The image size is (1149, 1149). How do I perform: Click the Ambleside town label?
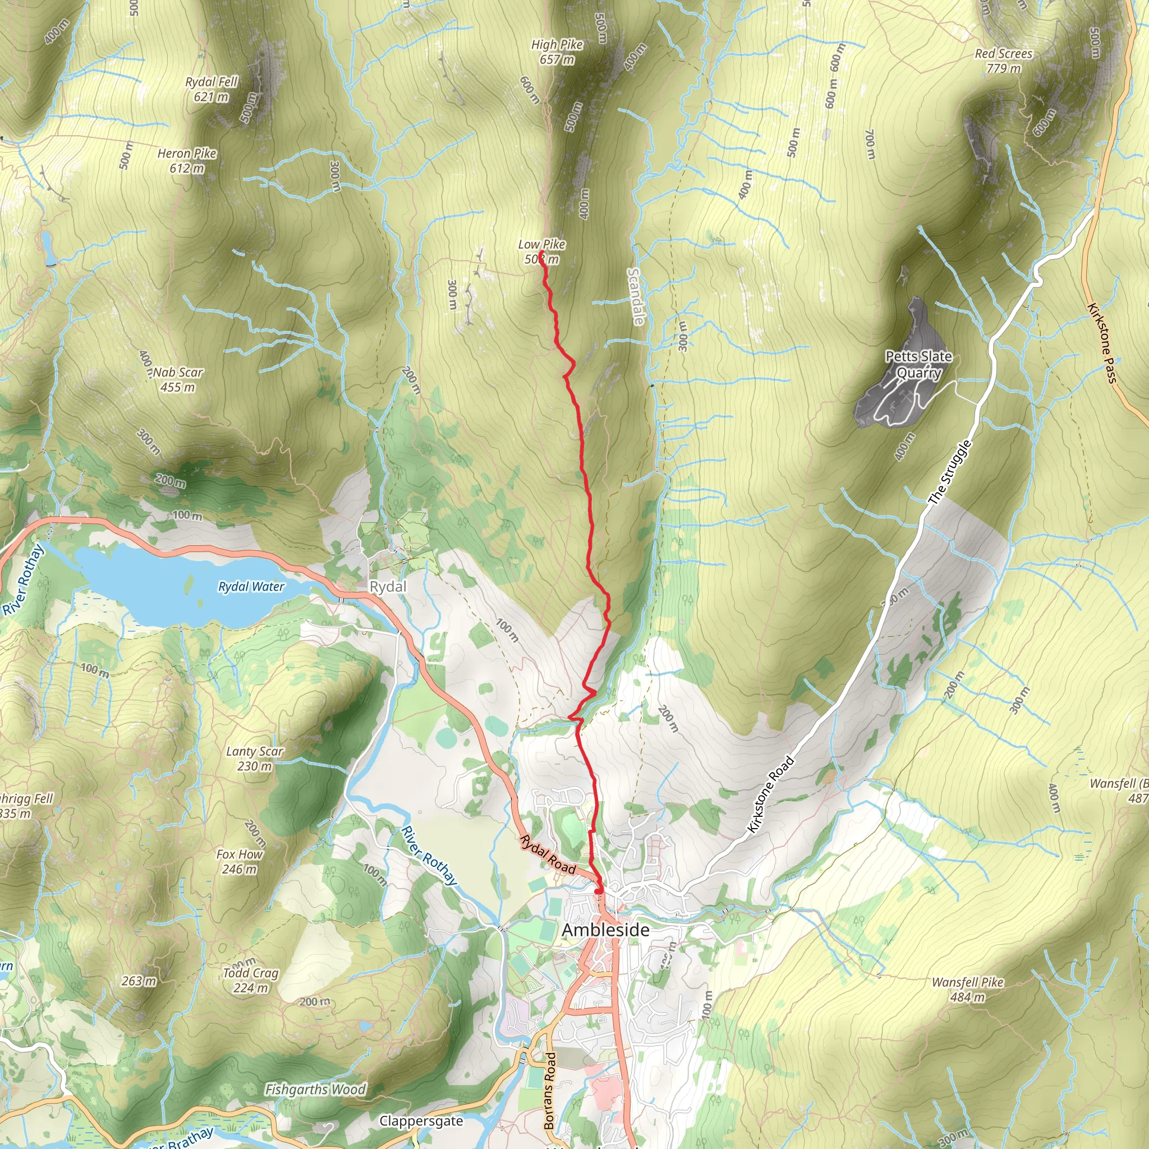click(x=605, y=930)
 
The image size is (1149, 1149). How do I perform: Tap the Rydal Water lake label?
click(x=251, y=587)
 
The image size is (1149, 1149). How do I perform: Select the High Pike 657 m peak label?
click(x=557, y=52)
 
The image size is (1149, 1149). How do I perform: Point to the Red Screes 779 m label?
click(x=1003, y=61)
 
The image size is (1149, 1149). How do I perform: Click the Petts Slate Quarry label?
click(x=919, y=365)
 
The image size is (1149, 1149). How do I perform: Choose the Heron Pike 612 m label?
click(x=187, y=160)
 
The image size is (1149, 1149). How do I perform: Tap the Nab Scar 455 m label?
click(x=178, y=379)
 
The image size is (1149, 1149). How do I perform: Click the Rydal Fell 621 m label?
click(x=211, y=89)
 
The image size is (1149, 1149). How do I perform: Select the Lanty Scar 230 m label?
click(x=255, y=759)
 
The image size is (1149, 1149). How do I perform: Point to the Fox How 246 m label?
click(x=240, y=862)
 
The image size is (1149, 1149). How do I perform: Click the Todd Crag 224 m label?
click(x=250, y=980)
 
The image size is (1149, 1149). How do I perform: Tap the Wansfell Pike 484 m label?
click(x=968, y=990)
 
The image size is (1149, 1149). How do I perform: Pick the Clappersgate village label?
click(x=421, y=1121)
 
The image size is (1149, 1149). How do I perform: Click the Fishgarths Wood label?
click(x=315, y=1090)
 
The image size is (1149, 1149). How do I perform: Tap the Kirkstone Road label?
click(x=771, y=793)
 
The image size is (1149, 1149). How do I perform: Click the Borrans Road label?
click(x=549, y=1091)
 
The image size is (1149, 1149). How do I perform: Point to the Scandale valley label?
click(x=636, y=296)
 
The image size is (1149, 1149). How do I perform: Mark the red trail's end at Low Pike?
click(x=541, y=255)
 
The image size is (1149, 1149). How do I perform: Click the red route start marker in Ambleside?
click(x=598, y=890)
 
